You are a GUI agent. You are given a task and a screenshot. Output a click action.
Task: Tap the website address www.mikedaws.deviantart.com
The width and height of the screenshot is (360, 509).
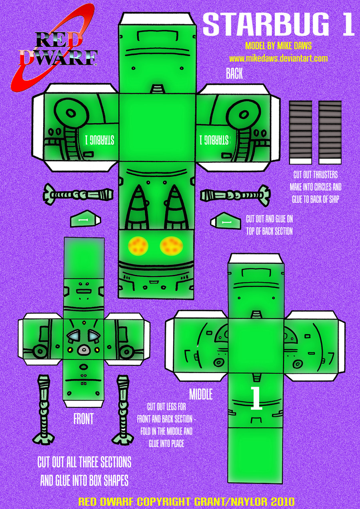click(278, 58)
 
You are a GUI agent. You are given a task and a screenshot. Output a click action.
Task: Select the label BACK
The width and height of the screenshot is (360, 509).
click(234, 73)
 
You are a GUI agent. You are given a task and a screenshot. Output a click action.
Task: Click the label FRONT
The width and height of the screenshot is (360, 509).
click(83, 419)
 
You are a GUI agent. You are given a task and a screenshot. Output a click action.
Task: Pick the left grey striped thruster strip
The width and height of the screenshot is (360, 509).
click(300, 132)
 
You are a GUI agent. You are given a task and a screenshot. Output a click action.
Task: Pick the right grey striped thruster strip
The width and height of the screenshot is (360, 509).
click(330, 132)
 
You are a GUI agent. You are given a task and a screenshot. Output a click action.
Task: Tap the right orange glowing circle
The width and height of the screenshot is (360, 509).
click(171, 245)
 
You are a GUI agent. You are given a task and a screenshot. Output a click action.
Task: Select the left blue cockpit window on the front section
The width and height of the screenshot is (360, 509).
click(73, 336)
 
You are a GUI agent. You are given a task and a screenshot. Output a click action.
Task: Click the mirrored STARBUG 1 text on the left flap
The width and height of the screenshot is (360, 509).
click(100, 140)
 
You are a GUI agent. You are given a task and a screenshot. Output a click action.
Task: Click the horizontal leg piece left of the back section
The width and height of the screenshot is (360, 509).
click(78, 195)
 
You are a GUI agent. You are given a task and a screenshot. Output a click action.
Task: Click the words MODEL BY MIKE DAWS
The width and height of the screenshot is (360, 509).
click(278, 46)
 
